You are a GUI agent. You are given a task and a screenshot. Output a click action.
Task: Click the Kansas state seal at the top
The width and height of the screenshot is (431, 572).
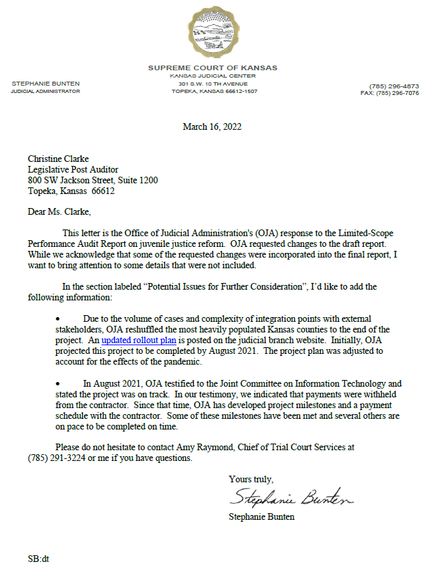(x=212, y=32)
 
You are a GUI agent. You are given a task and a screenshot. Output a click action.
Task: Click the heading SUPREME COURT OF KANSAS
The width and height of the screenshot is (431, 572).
(x=212, y=68)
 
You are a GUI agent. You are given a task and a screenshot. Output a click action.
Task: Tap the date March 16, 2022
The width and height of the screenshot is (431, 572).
(x=212, y=126)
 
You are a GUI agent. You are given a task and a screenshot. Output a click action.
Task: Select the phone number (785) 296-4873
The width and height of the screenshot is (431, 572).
(x=394, y=86)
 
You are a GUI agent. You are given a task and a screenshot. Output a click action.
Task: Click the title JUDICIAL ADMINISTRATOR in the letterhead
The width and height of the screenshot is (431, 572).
(x=45, y=91)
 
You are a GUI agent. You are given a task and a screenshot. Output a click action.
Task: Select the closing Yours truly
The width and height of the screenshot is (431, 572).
(x=251, y=480)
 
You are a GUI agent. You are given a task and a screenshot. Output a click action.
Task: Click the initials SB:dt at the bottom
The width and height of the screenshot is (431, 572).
(x=39, y=557)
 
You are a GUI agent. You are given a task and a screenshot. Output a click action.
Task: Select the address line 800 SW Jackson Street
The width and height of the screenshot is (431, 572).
(x=93, y=180)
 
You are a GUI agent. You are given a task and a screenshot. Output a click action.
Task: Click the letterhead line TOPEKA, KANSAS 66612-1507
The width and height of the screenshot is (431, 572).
(x=214, y=91)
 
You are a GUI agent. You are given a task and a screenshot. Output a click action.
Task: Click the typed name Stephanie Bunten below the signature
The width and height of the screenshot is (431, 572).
(x=261, y=516)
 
